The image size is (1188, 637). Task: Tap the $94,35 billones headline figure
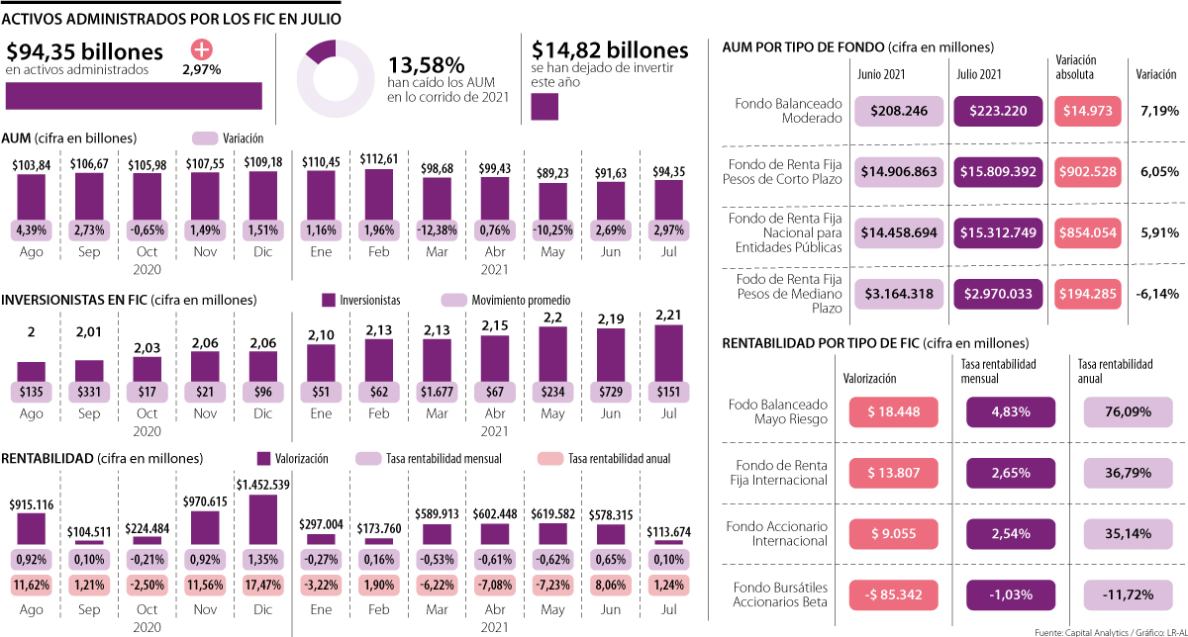[84, 52]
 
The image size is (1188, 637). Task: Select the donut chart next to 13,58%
[337, 79]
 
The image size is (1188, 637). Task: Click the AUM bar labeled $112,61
[378, 193]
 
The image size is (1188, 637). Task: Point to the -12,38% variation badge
[437, 230]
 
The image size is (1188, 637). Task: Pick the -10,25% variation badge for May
[553, 230]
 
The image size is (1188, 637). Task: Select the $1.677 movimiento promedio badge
[437, 391]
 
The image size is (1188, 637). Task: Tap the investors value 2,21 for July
[669, 316]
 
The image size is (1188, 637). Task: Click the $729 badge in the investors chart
[611, 391]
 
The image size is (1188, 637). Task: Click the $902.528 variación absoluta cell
[1090, 172]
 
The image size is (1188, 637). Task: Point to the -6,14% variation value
[1158, 294]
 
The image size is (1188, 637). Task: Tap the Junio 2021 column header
[881, 74]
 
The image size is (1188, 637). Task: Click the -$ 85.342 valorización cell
[888, 595]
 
